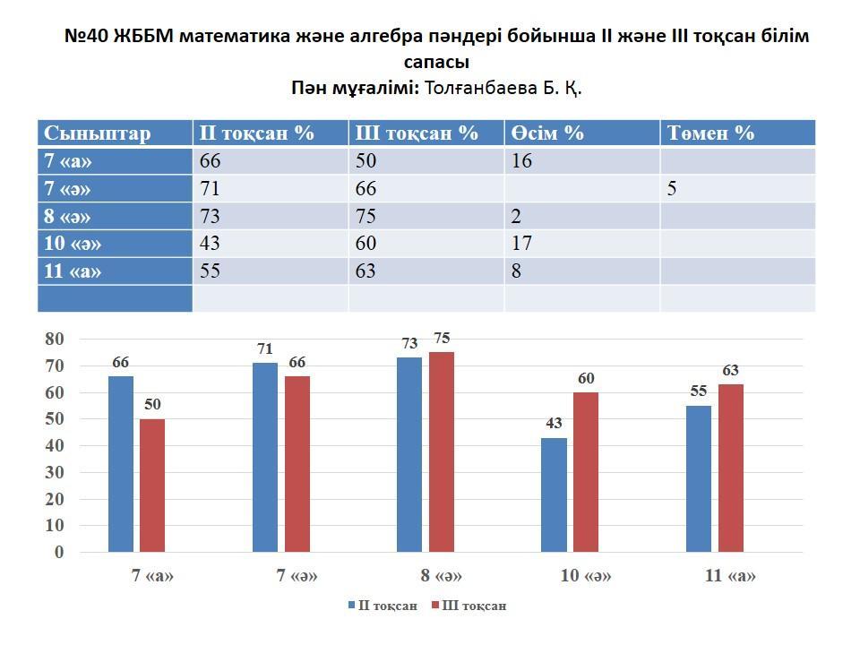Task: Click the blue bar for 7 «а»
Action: (x=121, y=464)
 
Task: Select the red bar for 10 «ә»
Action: (x=586, y=472)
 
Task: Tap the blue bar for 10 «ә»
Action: (x=555, y=494)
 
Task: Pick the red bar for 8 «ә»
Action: (x=442, y=452)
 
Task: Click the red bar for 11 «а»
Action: (x=731, y=468)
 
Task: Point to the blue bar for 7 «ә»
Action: (x=265, y=457)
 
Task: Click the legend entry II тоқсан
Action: (x=383, y=606)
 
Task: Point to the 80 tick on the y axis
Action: (x=55, y=340)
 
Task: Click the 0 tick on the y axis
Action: (x=59, y=553)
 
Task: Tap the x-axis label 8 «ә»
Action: (x=441, y=577)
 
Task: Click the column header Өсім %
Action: (x=547, y=133)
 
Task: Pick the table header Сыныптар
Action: (x=98, y=133)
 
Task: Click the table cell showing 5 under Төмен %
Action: (x=671, y=189)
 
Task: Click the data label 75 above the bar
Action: (x=442, y=339)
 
